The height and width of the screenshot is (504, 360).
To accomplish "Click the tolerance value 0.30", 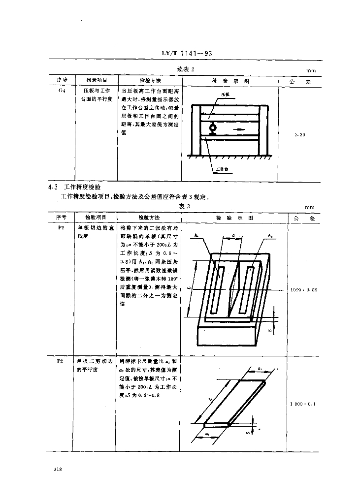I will (299, 134).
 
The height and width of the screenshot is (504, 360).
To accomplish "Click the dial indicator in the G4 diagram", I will (213, 129).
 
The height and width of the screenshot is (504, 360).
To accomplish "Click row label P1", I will (59, 228).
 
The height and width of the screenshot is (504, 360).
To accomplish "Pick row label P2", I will (59, 361).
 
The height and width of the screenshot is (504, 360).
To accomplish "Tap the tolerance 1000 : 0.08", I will (303, 289).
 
